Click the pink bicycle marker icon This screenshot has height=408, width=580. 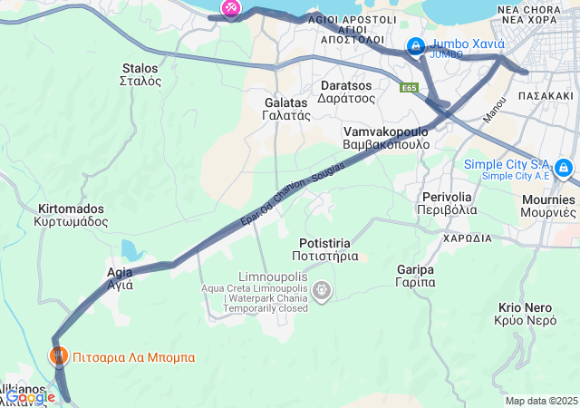click(x=230, y=8)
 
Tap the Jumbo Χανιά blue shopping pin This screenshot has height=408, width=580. click(x=415, y=44)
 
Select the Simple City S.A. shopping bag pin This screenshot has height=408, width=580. click(x=564, y=167)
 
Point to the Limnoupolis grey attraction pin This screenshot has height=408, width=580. click(x=322, y=290)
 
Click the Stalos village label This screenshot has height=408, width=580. click(x=140, y=74)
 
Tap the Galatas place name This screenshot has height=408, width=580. click(x=286, y=109)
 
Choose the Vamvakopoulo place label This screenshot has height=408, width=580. click(x=385, y=138)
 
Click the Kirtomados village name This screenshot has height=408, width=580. click(x=72, y=215)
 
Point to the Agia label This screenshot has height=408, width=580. click(x=120, y=277)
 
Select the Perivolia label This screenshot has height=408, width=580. click(x=447, y=203)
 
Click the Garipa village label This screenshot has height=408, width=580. click(x=416, y=276)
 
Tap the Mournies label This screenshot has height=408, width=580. click(x=547, y=205)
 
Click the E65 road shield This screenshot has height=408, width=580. click(x=410, y=88)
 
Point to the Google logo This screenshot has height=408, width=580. click(x=29, y=396)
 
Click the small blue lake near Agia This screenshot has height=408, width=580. click(x=130, y=251)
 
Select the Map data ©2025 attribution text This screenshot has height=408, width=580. click(x=541, y=401)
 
